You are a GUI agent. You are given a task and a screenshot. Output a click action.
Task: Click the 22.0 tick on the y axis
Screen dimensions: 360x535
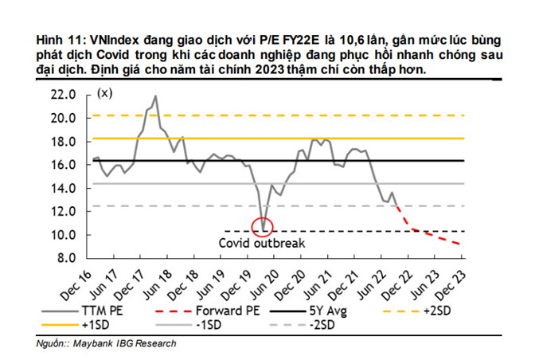click(x=63, y=94)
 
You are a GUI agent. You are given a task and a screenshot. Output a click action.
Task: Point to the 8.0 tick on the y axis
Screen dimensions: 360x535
click(x=65, y=258)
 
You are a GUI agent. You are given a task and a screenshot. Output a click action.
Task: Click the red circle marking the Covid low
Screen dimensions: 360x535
click(x=263, y=228)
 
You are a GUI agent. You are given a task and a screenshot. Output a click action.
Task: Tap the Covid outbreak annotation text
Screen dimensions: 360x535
click(x=262, y=243)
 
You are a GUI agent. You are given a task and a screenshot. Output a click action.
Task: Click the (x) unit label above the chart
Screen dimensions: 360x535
click(x=104, y=93)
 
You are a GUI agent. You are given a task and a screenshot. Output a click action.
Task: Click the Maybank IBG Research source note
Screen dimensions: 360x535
click(x=127, y=343)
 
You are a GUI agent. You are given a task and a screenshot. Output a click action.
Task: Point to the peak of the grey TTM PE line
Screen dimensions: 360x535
click(x=154, y=96)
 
